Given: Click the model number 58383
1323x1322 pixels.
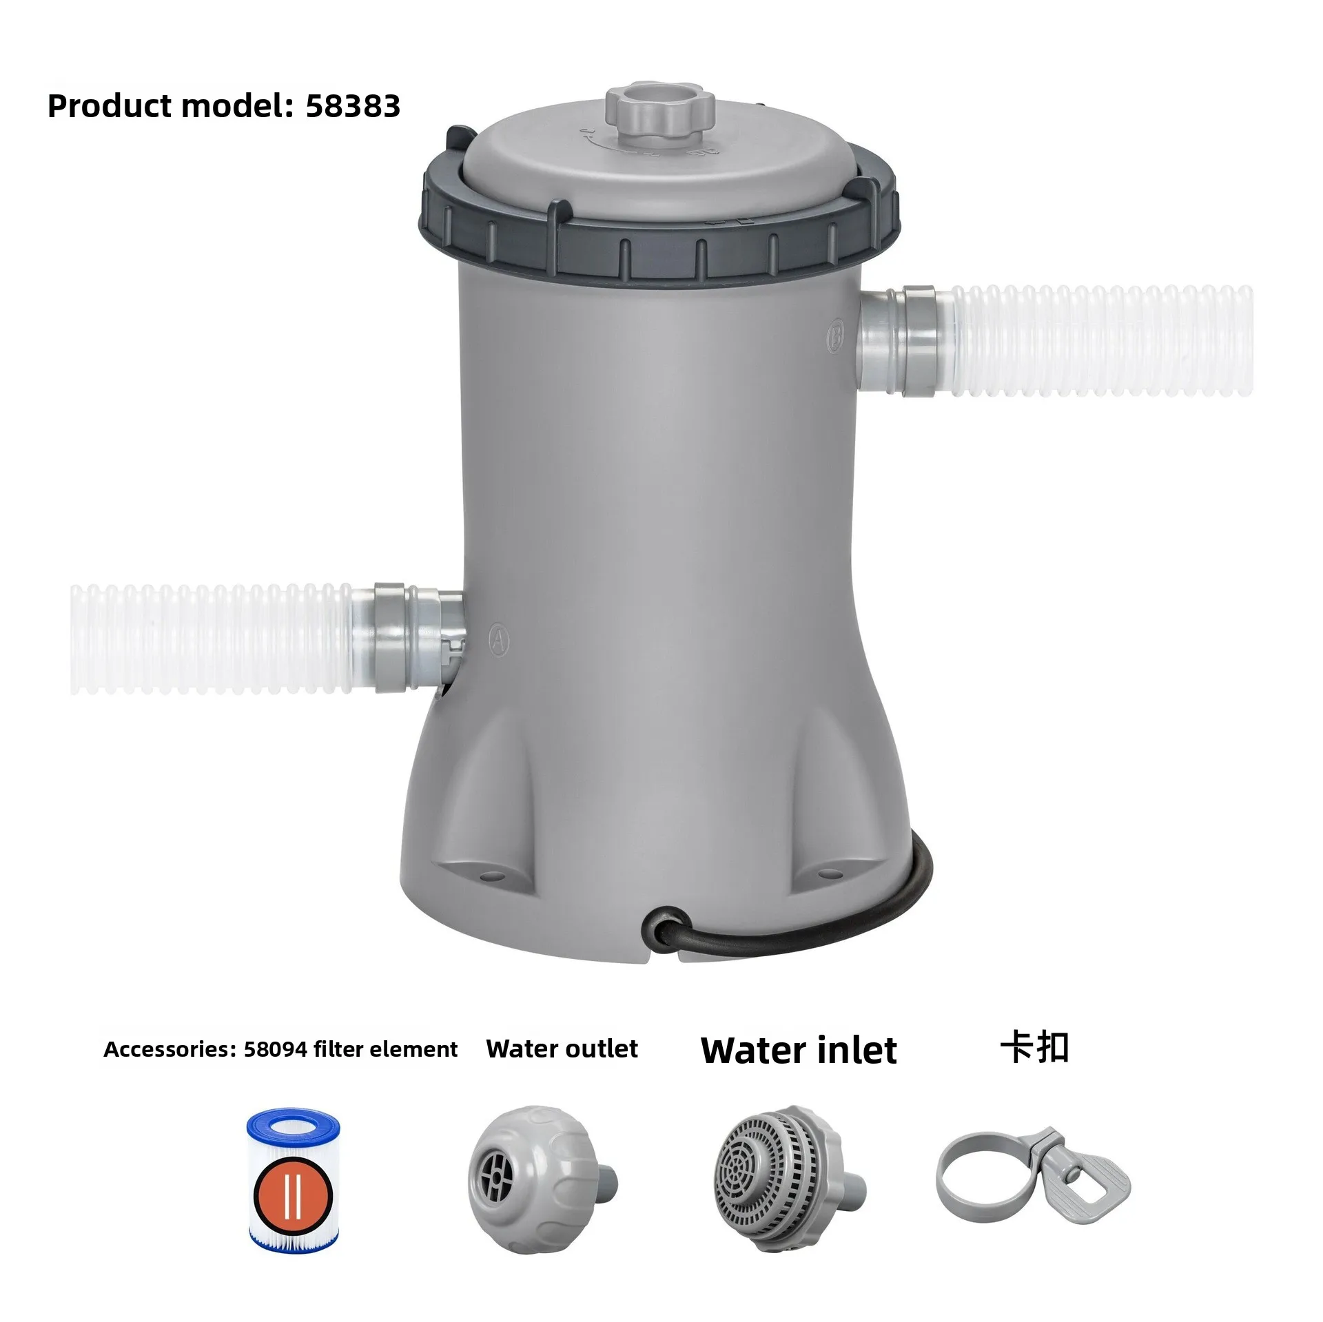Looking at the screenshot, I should [352, 106].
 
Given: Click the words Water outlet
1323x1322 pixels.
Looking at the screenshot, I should [562, 1049].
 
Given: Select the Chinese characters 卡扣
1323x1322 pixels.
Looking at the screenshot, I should [1034, 1048].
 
